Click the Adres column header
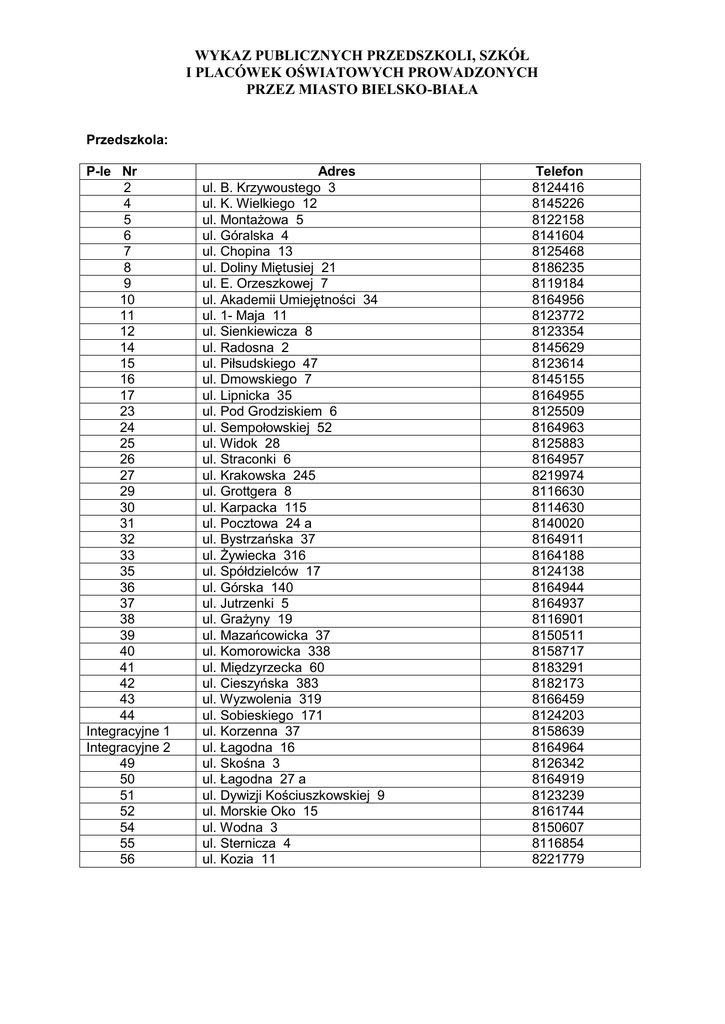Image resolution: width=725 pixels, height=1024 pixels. coord(336,171)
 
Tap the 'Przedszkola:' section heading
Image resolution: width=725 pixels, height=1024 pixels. coord(126,139)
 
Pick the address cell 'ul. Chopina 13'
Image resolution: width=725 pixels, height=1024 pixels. coord(248,251)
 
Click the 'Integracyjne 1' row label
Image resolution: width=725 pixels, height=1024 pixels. coord(128,731)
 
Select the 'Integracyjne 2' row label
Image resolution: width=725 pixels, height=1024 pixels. coord(128,747)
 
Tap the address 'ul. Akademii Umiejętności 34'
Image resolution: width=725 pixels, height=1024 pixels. coord(290,299)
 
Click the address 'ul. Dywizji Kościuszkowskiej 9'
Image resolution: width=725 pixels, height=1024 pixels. coord(293,795)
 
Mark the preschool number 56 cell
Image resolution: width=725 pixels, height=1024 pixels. coord(127,859)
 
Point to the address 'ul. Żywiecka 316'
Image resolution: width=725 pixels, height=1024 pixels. coord(254,555)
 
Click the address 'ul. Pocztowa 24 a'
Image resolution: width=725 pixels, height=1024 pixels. coord(257,523)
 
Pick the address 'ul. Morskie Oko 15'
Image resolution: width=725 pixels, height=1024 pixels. coord(260,811)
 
